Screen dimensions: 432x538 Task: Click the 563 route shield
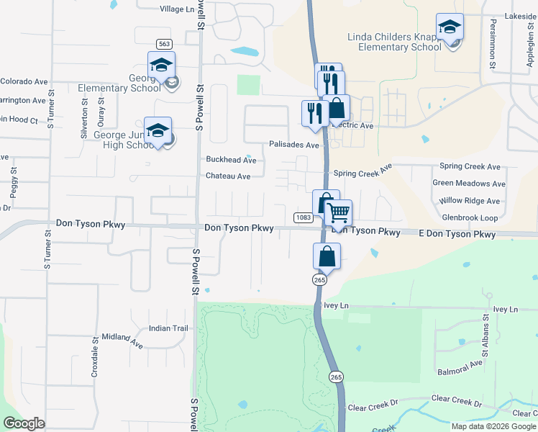pos(164,43)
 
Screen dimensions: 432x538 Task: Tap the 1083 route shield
pos(302,217)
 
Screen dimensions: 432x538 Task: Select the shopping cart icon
pos(338,212)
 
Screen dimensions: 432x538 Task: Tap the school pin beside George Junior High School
pos(158,130)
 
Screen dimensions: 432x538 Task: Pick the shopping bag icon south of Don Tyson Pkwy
pos(327,256)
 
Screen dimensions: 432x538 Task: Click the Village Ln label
pos(177,9)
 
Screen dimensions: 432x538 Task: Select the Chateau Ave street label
pos(228,176)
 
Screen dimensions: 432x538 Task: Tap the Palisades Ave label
pos(293,145)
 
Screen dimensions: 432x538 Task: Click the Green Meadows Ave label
pos(469,184)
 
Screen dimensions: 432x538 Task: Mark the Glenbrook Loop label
pos(470,217)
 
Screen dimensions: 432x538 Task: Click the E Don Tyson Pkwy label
pos(458,235)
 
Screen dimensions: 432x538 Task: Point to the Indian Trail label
pos(168,328)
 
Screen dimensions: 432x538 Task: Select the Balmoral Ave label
pos(460,369)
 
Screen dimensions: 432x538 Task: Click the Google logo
pos(24,423)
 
